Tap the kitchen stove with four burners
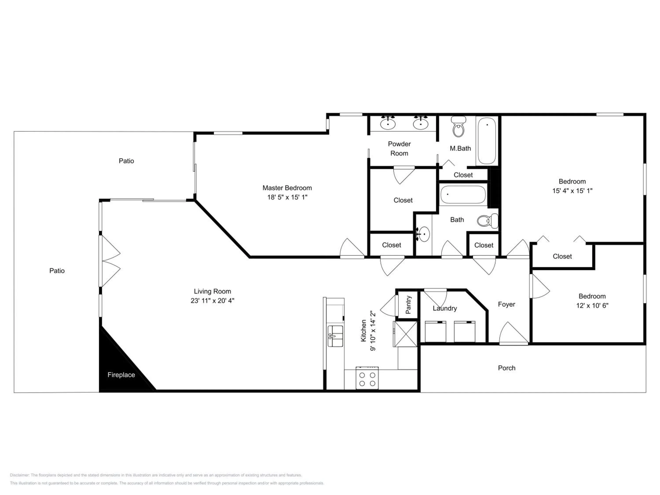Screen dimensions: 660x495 tap(367, 378)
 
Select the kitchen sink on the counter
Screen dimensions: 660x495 tap(335, 336)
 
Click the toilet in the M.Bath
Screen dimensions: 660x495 tap(458, 126)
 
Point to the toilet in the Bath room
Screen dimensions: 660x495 tap(488, 221)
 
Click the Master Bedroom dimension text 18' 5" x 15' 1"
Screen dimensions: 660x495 tap(287, 197)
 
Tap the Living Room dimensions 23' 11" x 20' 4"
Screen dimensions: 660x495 tap(213, 301)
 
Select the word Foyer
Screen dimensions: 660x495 tap(506, 304)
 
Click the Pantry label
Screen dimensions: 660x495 tap(409, 305)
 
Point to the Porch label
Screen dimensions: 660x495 tap(507, 368)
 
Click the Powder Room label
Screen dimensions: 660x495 tap(399, 148)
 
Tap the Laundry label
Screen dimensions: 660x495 tap(445, 308)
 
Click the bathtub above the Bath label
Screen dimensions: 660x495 tap(463, 195)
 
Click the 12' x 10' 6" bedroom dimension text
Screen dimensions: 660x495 tap(592, 306)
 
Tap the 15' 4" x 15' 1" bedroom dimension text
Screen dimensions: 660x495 tap(572, 191)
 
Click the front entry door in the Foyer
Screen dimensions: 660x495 tap(513, 334)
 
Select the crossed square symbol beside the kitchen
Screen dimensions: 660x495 tap(405, 334)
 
